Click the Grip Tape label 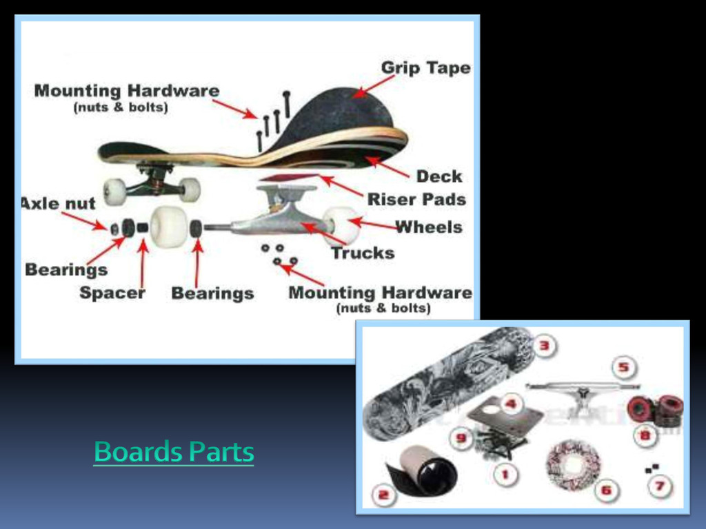click(x=425, y=68)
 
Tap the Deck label click(x=438, y=176)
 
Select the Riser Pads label click(x=416, y=200)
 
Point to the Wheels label click(x=429, y=227)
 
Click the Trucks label click(x=363, y=253)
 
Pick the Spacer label click(x=112, y=293)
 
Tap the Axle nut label click(x=58, y=204)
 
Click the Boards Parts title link click(x=174, y=453)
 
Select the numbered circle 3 click(x=544, y=346)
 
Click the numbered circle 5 click(x=623, y=367)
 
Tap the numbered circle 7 click(x=659, y=486)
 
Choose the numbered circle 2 click(x=383, y=493)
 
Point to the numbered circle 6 click(x=606, y=490)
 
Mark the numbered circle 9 click(x=461, y=437)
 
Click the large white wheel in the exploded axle click(x=169, y=227)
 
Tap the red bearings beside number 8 click(x=655, y=410)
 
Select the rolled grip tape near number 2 click(x=423, y=473)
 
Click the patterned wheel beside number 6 click(x=573, y=466)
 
